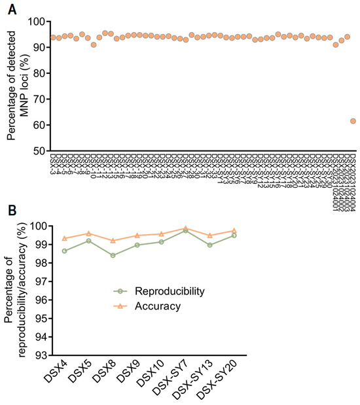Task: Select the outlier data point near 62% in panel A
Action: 353,121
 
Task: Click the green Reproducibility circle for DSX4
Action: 65,251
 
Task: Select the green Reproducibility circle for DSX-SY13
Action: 209,245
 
